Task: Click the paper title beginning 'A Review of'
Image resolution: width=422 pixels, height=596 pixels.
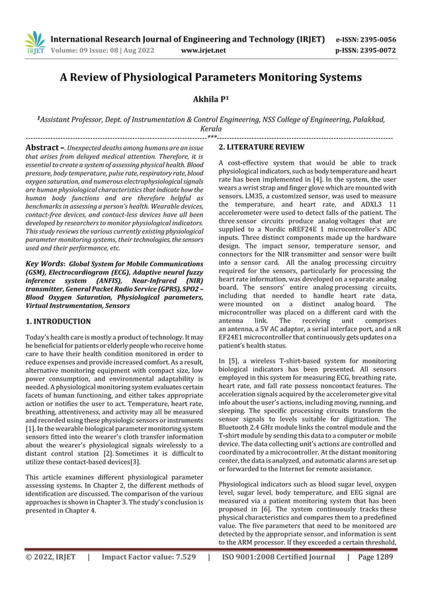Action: tap(211, 77)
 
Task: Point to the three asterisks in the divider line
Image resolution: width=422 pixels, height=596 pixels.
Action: tap(211, 137)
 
